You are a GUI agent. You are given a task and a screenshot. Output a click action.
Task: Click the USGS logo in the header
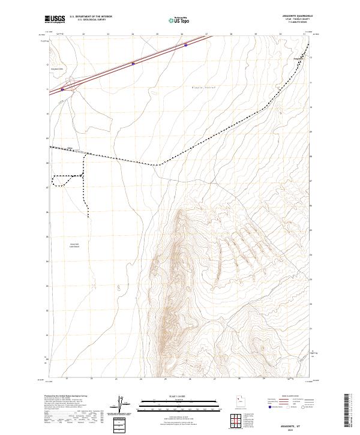55,19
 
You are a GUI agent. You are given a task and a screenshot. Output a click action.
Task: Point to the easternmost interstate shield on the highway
185,44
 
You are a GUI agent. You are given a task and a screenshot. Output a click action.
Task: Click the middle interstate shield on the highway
133,63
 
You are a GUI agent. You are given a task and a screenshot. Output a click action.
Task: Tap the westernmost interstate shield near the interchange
62,90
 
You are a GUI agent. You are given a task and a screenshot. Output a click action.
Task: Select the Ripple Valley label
203,87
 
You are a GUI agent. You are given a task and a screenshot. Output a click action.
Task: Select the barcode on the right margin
349,413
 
